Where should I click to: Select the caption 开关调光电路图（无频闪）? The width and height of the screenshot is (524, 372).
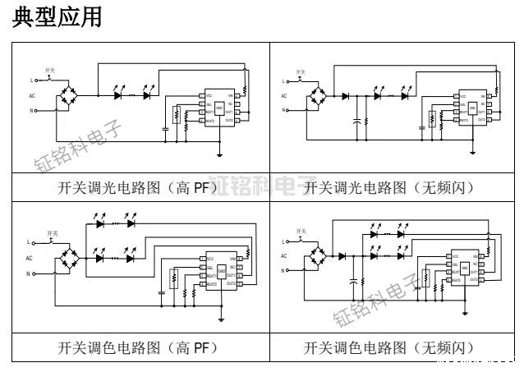389,187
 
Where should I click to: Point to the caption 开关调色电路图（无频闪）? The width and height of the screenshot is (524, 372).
389,347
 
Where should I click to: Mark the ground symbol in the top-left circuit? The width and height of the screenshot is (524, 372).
220,153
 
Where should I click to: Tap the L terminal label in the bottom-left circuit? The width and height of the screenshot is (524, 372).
31,242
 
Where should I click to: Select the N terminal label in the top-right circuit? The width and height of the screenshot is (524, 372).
283,110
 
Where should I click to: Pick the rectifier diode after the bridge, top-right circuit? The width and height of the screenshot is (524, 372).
345,96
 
